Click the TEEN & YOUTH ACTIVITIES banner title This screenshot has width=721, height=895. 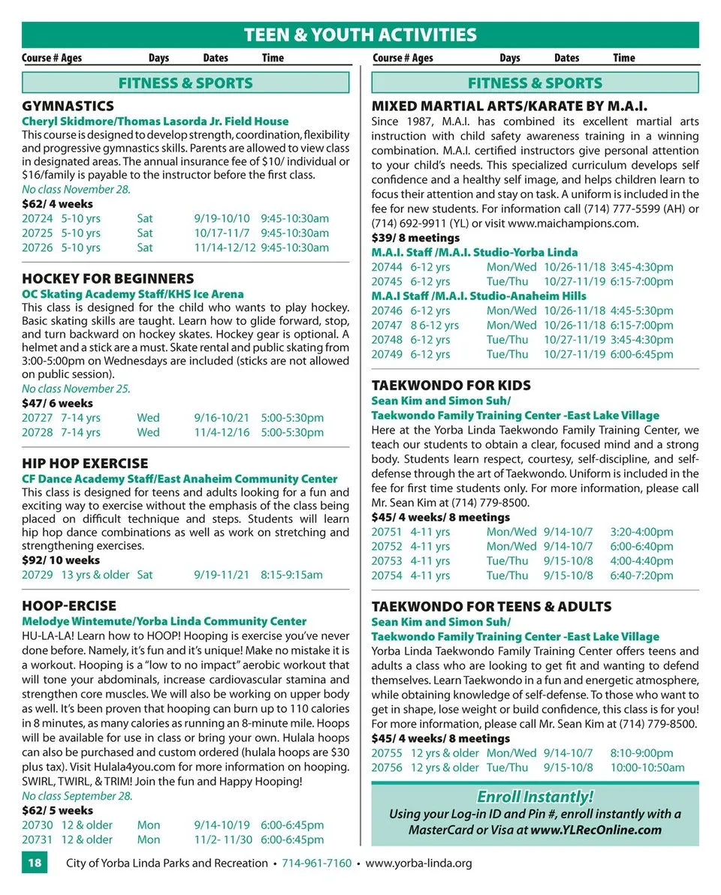[x=360, y=35]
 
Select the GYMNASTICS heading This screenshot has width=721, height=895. [x=68, y=106]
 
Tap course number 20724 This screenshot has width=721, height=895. [x=38, y=218]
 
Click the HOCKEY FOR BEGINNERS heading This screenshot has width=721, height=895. [x=108, y=278]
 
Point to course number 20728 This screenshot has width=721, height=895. [x=38, y=432]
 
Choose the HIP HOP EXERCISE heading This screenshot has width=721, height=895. [x=85, y=463]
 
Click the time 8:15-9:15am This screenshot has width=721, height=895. [x=291, y=575]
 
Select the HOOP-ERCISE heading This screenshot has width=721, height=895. [x=69, y=605]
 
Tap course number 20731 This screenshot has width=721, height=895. [x=38, y=839]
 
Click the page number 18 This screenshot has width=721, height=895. [x=35, y=863]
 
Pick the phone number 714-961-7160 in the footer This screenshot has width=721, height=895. [x=316, y=863]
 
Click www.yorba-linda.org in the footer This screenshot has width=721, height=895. [x=418, y=863]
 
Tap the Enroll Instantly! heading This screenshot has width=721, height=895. [x=535, y=797]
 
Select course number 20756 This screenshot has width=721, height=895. [x=387, y=767]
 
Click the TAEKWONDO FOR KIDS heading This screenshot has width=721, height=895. [x=451, y=385]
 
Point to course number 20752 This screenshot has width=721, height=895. [x=387, y=546]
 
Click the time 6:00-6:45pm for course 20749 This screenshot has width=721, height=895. [x=641, y=354]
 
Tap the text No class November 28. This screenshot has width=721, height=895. [x=76, y=189]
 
